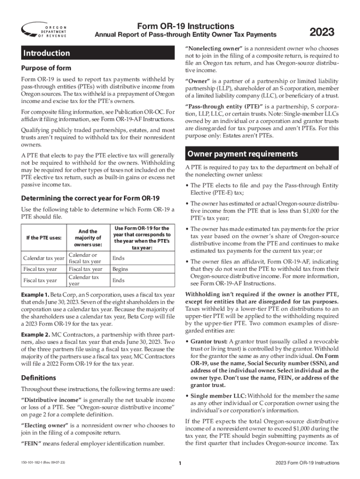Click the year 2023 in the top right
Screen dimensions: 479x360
[322, 32]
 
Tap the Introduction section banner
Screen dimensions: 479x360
[47, 53]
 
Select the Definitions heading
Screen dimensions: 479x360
[39, 377]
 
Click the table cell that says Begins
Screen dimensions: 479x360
[120, 269]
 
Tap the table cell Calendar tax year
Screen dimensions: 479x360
[43, 258]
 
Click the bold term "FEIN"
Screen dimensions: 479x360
[31, 443]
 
